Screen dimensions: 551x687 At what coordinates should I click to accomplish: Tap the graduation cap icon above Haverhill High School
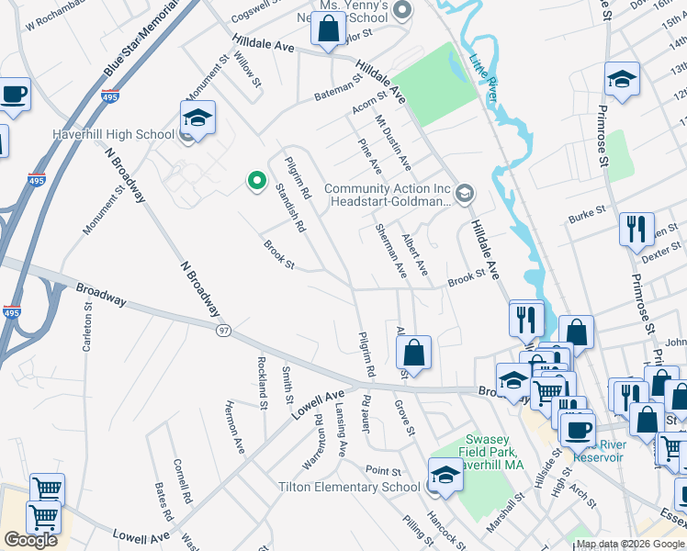pos(197,118)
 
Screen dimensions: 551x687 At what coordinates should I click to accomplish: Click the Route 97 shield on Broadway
pos(222,329)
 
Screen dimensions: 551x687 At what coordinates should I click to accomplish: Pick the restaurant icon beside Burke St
pos(636,229)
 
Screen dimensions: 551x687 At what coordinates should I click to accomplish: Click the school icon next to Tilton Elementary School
pos(445,475)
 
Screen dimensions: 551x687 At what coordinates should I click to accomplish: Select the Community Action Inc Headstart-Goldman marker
pos(465,191)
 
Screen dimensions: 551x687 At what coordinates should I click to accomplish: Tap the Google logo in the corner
pos(30,540)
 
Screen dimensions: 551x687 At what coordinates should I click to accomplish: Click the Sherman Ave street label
pos(391,250)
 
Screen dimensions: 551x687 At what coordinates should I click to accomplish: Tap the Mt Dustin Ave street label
pos(393,143)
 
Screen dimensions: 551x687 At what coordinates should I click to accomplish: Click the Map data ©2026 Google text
pos(630,544)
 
